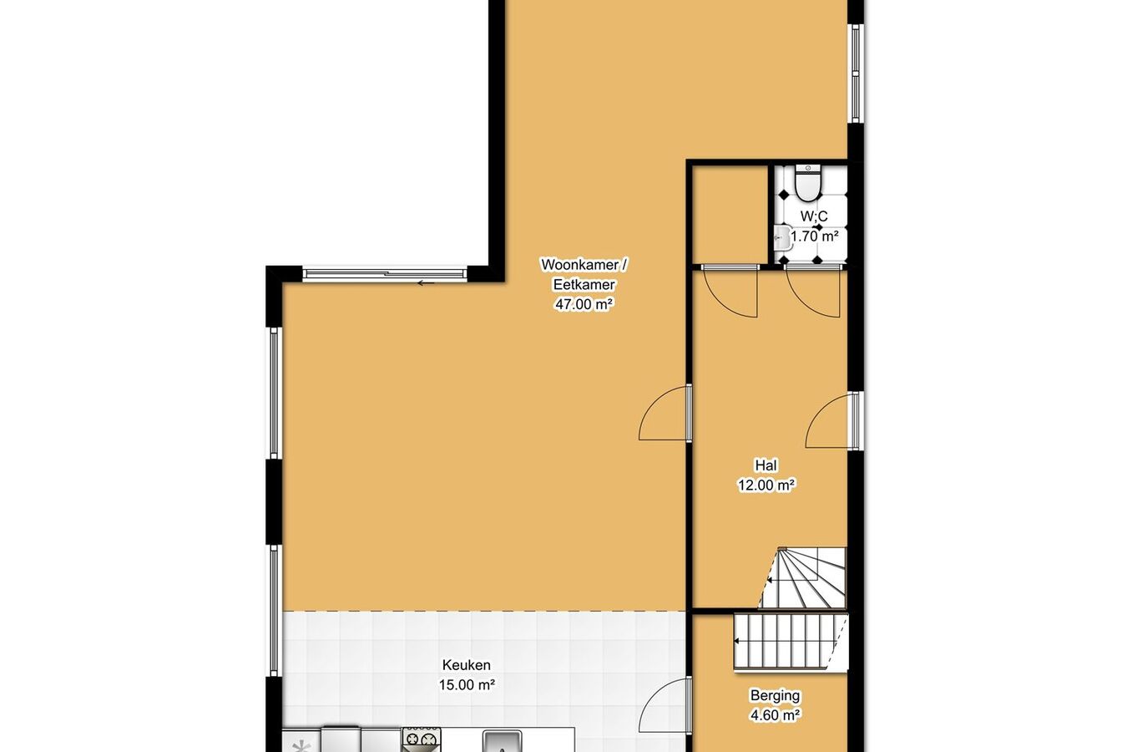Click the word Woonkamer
(x=579, y=265)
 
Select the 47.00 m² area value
(x=584, y=305)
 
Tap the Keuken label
(x=466, y=666)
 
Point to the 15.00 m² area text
(x=467, y=685)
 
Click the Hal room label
(x=766, y=465)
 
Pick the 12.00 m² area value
(x=766, y=485)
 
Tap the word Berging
(x=775, y=695)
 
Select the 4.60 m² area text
(x=775, y=715)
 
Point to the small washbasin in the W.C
(x=782, y=237)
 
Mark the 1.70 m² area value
(x=815, y=236)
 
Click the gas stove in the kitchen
(x=422, y=738)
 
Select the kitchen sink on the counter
(x=502, y=740)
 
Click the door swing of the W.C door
(x=812, y=294)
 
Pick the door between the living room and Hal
(x=664, y=414)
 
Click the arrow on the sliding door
(x=426, y=283)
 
